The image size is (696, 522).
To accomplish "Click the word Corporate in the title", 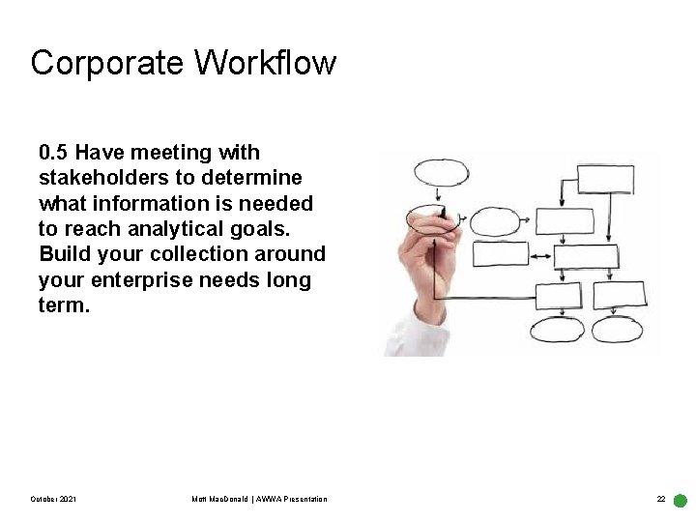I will (106, 63).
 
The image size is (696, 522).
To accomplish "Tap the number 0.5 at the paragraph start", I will (53, 153).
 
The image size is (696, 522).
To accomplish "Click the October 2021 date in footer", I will (54, 499).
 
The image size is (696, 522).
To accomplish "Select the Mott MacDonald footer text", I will (259, 499).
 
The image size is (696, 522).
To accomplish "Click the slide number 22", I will (661, 499).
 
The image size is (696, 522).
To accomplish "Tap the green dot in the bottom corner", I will (680, 502).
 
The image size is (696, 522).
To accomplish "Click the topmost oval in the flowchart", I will (441, 173).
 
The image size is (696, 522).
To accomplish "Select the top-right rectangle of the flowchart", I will (605, 180).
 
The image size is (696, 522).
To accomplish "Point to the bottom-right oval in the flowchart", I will (616, 329).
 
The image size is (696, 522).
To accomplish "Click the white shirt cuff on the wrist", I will (406, 333).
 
